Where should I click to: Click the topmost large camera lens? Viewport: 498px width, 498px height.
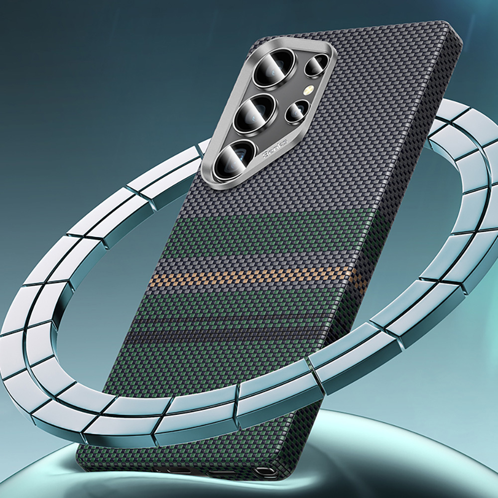tap(269, 74)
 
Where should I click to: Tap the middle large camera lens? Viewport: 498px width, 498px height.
tap(255, 113)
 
